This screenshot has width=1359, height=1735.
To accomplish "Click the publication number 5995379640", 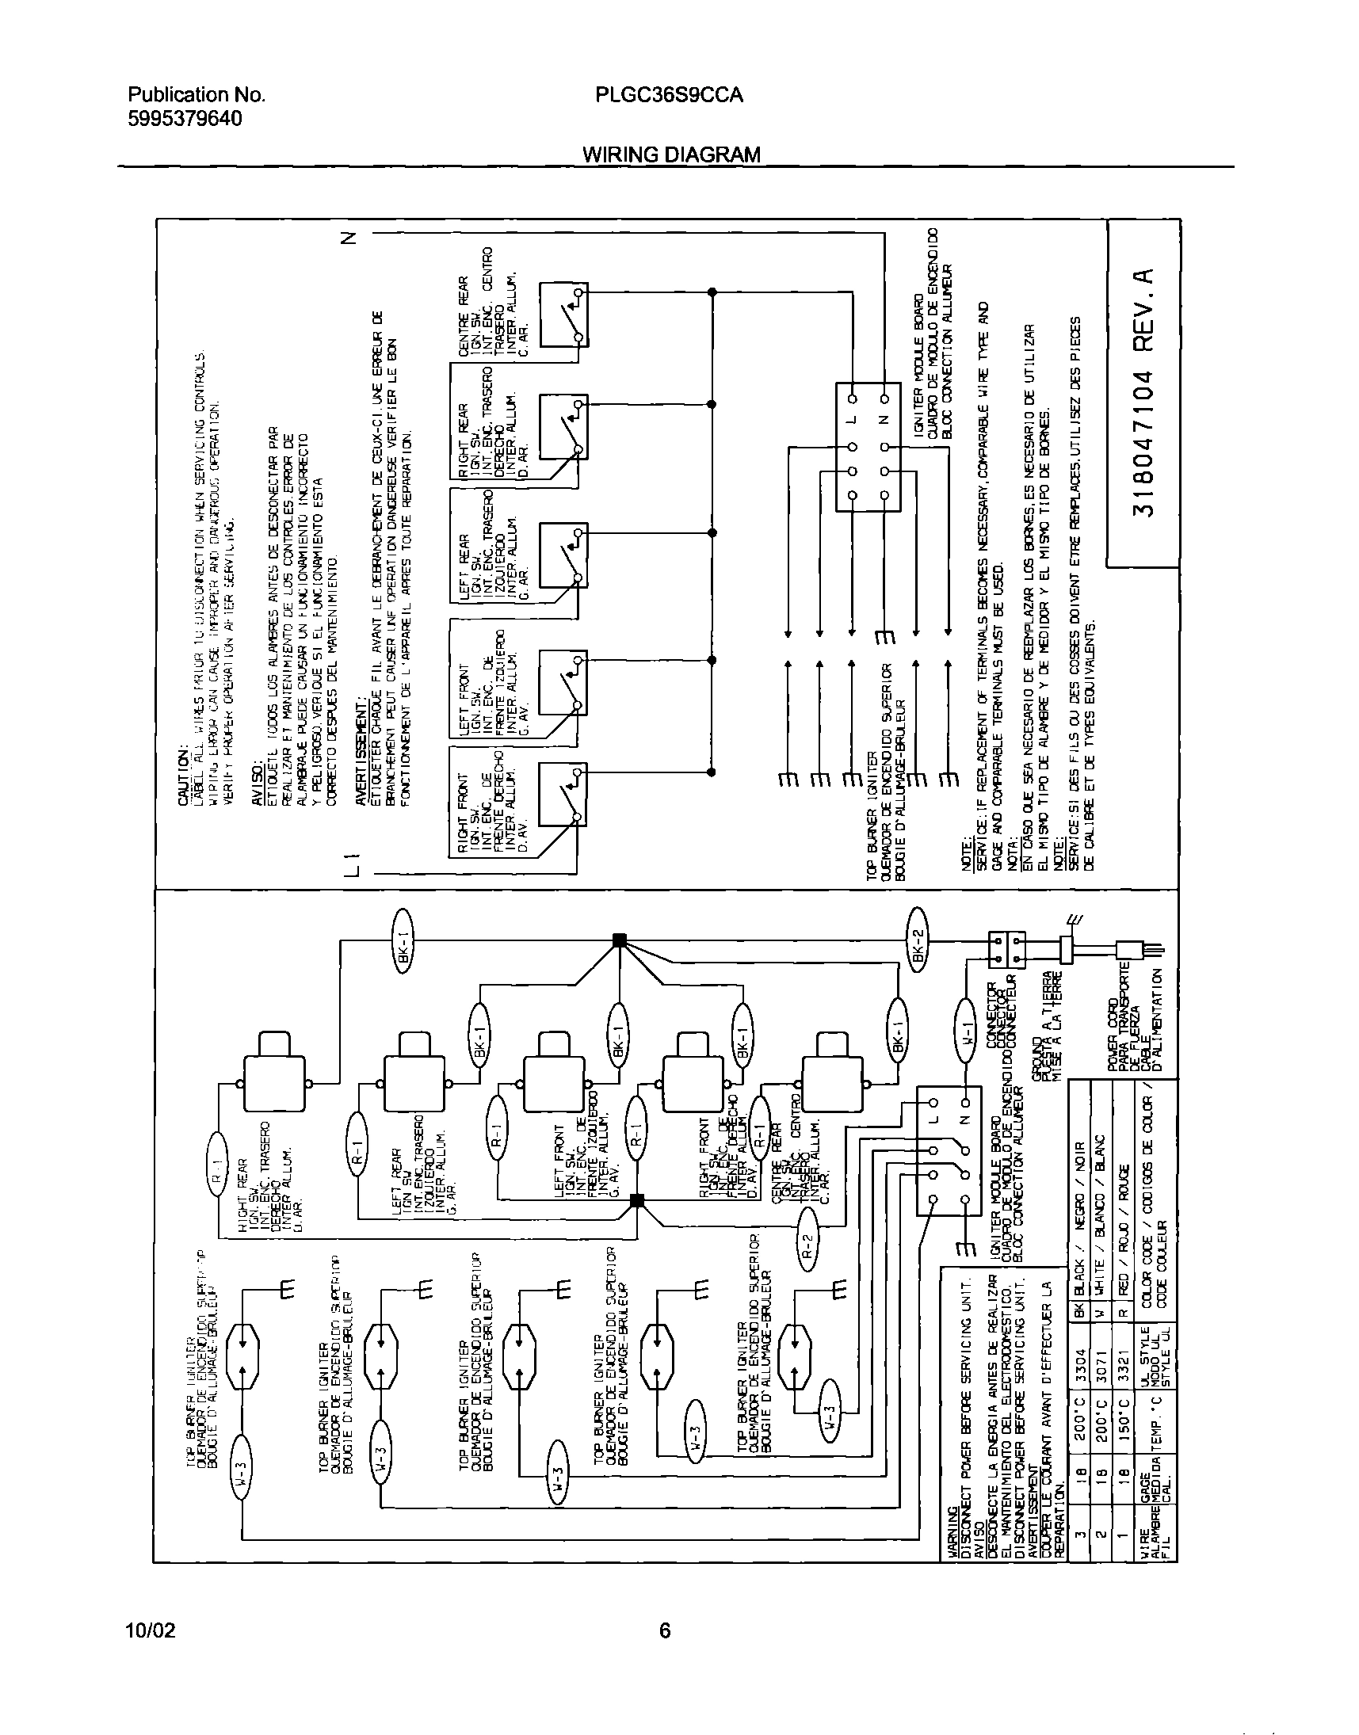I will pos(185,119).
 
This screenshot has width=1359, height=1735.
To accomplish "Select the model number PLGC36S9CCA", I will pos(668,94).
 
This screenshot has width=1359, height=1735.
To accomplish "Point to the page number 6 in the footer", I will pos(664,1630).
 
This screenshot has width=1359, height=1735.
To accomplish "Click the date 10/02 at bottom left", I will pos(151,1630).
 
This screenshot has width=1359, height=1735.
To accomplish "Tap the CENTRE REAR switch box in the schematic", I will pos(563,315).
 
